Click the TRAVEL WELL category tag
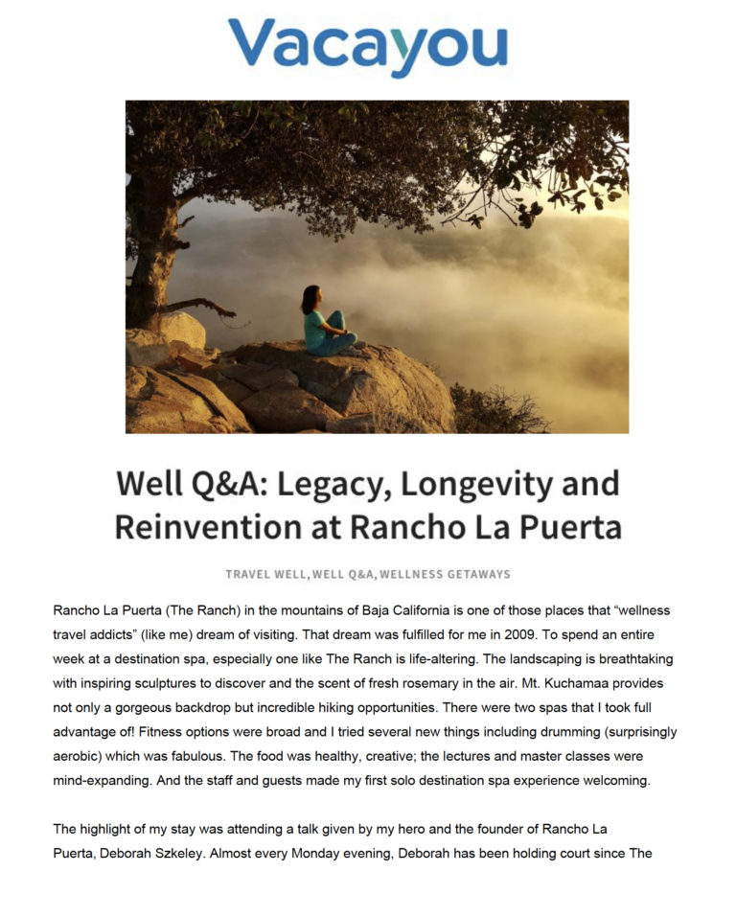[266, 575]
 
